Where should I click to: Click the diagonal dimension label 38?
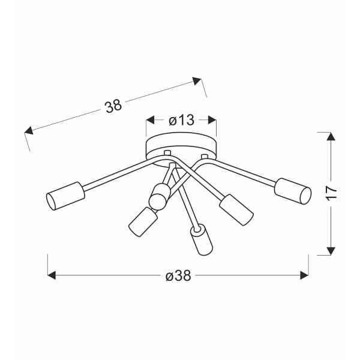(x=113, y=106)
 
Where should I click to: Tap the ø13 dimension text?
(x=181, y=120)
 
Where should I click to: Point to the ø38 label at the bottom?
(x=178, y=275)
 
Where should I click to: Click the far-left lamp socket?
(x=63, y=195)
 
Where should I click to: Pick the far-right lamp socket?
(x=293, y=191)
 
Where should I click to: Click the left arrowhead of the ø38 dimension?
(x=52, y=275)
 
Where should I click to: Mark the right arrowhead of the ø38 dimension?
(x=304, y=275)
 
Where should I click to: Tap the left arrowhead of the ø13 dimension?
(x=151, y=120)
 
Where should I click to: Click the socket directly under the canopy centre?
(x=160, y=195)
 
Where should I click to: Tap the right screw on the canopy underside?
(x=205, y=157)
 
